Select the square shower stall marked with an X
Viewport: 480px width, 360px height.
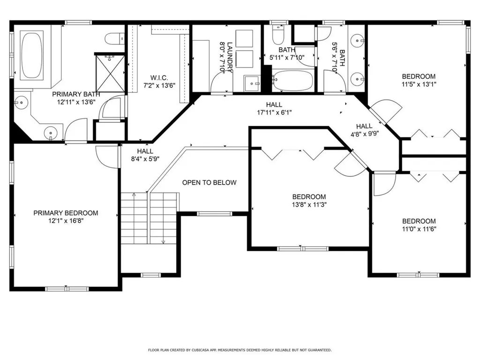[x=110, y=73]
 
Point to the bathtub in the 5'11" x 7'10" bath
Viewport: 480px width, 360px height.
[x=292, y=81]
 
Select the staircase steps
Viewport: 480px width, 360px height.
[x=150, y=218]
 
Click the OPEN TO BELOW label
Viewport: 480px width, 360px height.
[x=209, y=183]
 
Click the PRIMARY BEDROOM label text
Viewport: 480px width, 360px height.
[x=66, y=213]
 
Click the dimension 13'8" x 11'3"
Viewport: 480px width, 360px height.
[x=309, y=204]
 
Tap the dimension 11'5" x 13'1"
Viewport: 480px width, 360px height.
[x=419, y=84]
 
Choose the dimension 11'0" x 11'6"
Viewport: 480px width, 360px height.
[x=419, y=229]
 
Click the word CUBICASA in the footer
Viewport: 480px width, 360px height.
[x=202, y=350]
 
